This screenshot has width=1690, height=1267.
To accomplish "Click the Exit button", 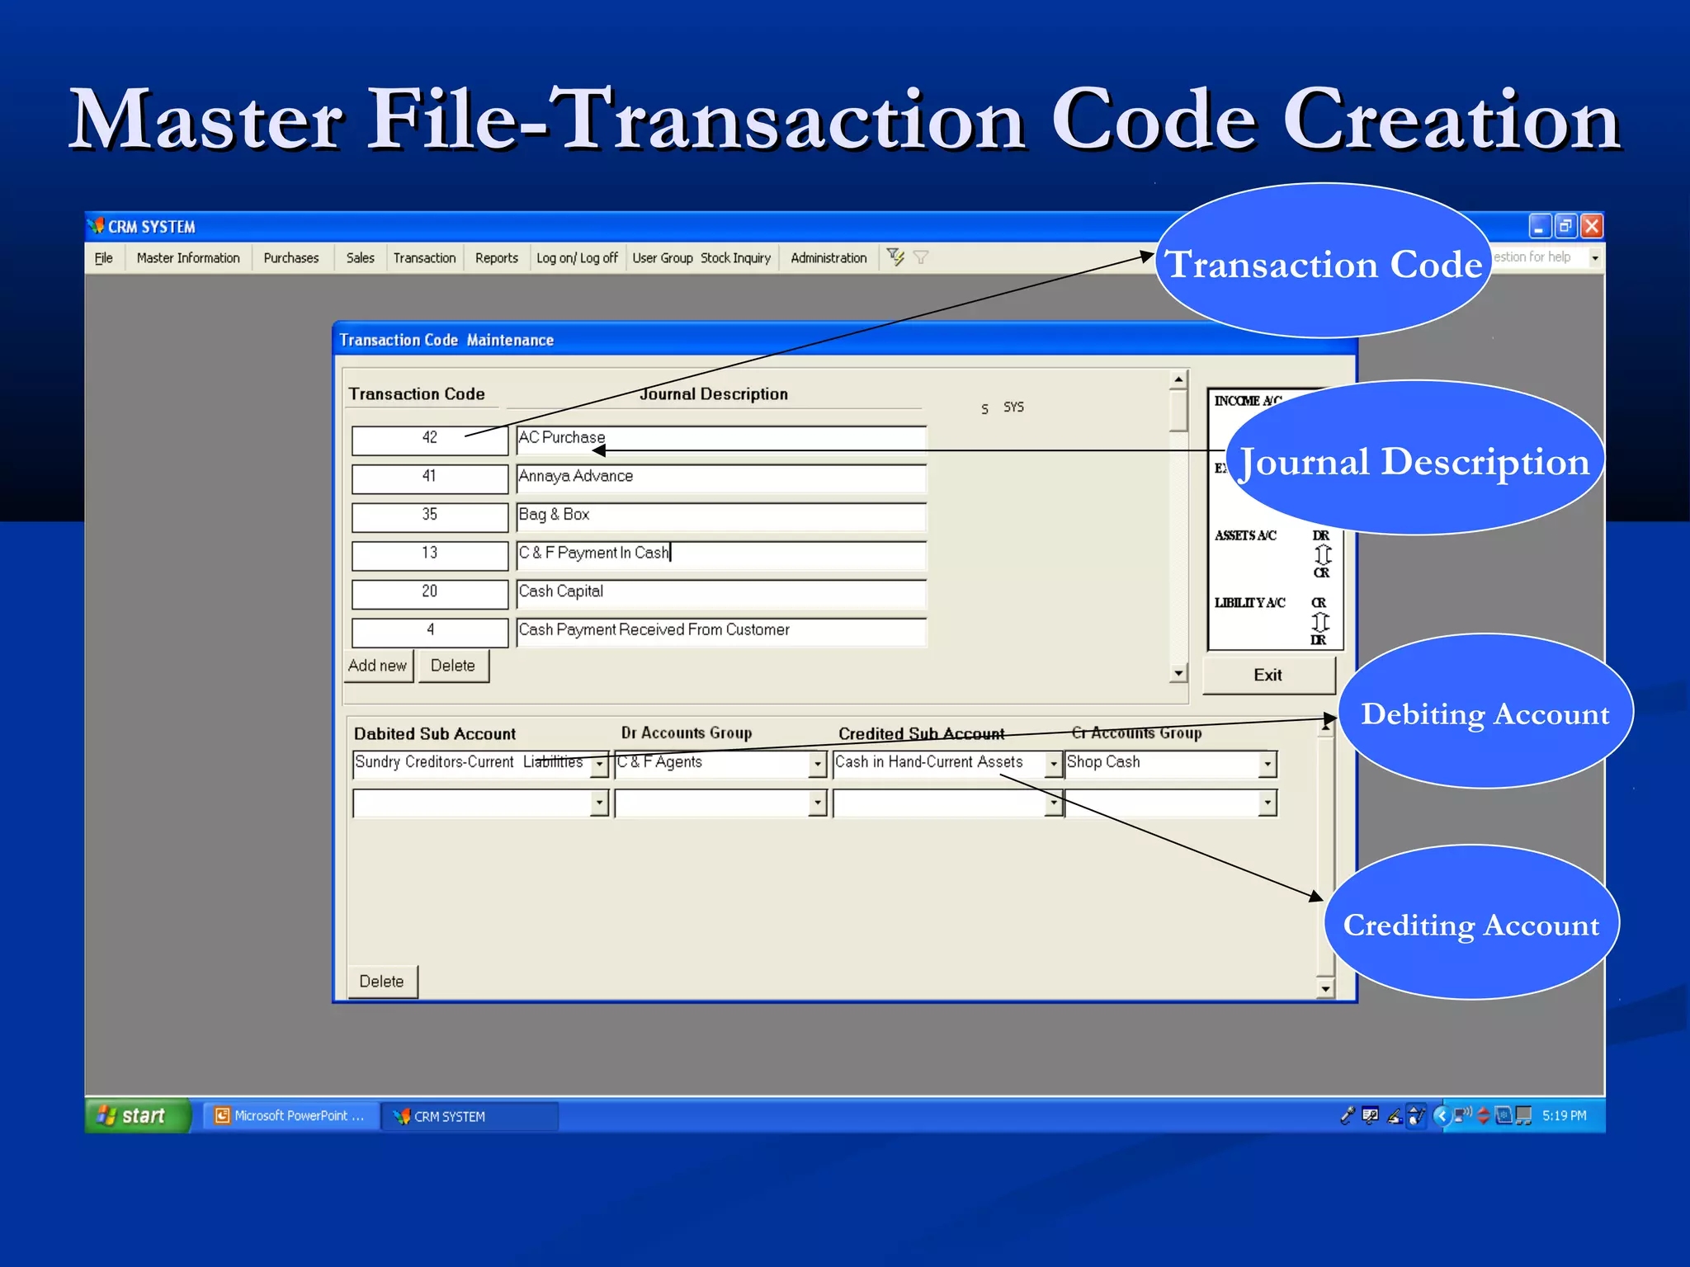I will coord(1267,676).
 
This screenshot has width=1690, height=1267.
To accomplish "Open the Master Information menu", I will coord(188,258).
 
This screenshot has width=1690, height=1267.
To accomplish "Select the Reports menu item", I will coord(496,258).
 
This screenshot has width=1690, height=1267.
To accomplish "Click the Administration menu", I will coord(828,258).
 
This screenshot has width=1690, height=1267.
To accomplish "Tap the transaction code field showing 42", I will coord(430,439).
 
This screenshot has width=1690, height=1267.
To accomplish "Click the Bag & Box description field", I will coord(720,516).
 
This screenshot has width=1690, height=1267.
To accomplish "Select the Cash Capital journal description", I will coord(720,593).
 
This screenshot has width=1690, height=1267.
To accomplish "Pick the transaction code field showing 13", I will coord(430,554).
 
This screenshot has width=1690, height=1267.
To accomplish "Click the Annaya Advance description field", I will coord(720,478).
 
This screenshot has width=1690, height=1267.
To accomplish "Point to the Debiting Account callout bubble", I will coord(1485,713).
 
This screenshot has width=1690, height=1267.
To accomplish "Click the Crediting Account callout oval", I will coord(1471,924).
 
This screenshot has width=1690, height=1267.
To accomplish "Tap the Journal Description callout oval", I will coord(1414,460).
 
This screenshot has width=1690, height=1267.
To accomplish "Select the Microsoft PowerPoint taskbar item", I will coord(291,1116).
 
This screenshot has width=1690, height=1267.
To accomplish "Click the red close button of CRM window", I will coord(1592,226).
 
